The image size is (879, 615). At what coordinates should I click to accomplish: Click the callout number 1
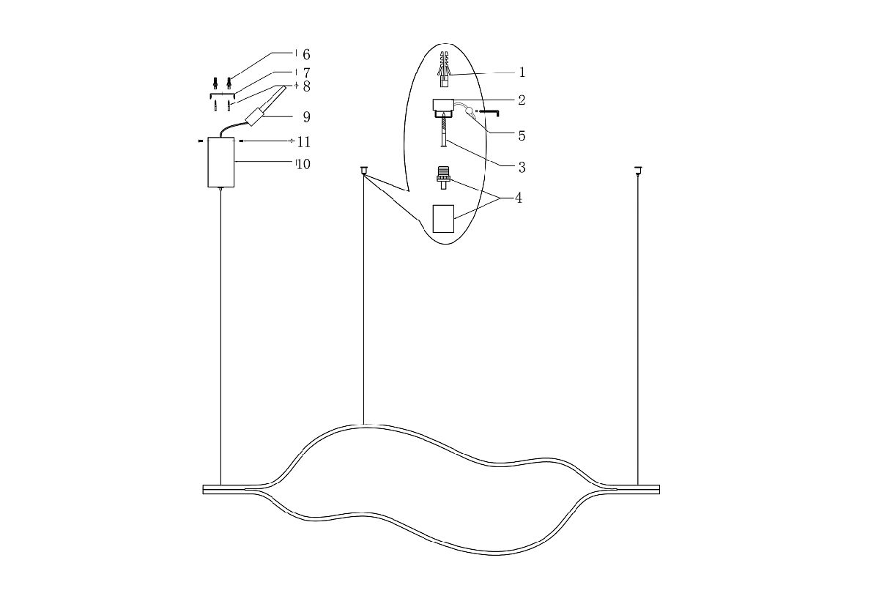click(522, 72)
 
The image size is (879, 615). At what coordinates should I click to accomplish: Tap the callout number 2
click(522, 100)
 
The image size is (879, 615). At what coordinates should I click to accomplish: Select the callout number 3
click(522, 168)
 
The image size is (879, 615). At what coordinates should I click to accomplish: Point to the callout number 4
click(519, 198)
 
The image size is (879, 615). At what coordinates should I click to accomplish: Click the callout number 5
click(522, 135)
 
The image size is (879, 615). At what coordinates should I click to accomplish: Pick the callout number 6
click(306, 55)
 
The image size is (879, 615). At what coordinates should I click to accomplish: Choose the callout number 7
click(306, 73)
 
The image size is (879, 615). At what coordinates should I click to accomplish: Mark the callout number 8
click(306, 86)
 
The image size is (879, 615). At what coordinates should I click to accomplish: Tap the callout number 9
click(306, 117)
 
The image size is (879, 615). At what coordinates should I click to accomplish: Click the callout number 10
click(304, 164)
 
